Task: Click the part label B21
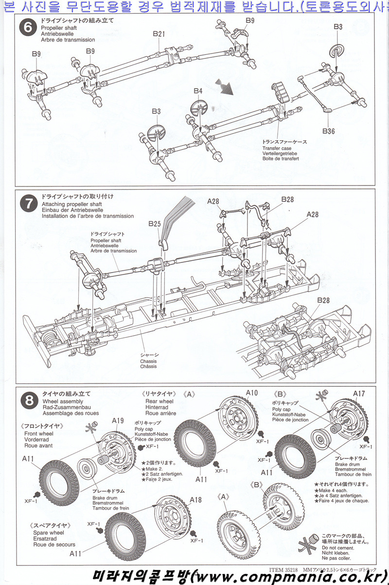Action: [159, 34]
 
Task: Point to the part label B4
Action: [197, 91]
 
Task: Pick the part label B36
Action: [329, 131]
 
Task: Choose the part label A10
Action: [251, 393]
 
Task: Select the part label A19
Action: [118, 421]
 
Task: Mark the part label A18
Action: [195, 500]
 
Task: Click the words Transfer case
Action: [277, 148]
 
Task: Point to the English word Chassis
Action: [148, 362]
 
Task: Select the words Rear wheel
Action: [159, 402]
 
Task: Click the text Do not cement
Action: [336, 547]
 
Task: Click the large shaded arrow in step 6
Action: [225, 87]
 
